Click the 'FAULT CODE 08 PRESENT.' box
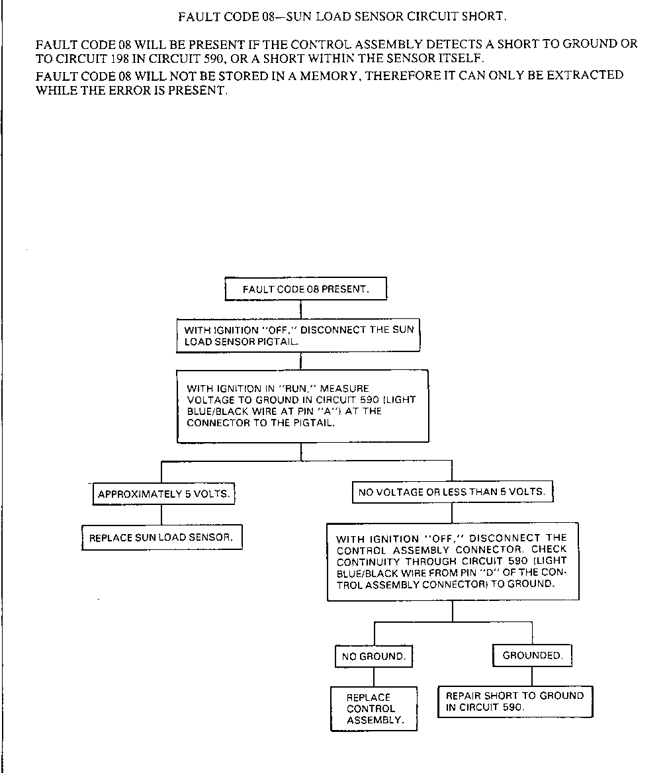(306, 289)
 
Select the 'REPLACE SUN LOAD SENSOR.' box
(161, 537)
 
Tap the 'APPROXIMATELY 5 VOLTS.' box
(163, 494)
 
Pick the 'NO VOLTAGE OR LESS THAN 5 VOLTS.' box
(452, 492)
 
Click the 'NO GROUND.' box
(373, 657)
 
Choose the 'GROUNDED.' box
(532, 655)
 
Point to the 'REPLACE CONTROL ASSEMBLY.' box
(374, 708)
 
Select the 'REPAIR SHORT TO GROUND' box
(515, 701)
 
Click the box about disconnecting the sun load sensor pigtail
(299, 336)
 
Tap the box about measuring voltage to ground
(302, 406)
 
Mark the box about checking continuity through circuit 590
(453, 562)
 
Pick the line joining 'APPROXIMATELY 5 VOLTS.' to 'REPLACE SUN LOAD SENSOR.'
(162, 515)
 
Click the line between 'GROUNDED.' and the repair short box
(532, 676)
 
